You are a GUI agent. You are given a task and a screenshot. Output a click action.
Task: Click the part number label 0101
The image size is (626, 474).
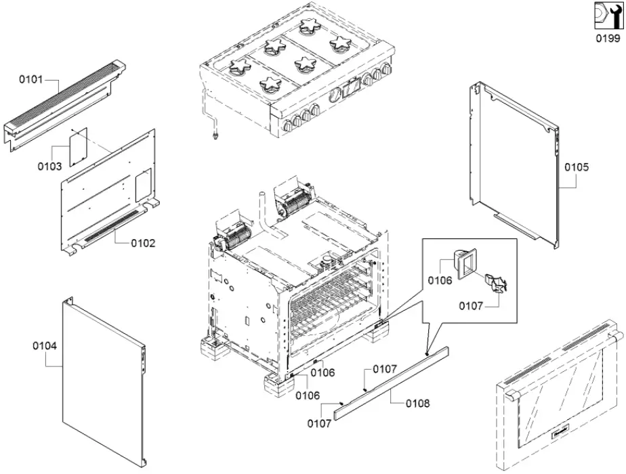30,79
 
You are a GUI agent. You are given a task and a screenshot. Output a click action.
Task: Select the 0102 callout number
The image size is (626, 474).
143,242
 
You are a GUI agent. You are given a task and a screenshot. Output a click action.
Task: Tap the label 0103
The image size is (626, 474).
49,166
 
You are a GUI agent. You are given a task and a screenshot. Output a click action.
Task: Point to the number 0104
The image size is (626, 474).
45,345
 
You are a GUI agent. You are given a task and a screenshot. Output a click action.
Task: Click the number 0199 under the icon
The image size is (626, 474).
607,39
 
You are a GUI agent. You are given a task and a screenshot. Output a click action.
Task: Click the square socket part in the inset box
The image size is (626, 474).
463,263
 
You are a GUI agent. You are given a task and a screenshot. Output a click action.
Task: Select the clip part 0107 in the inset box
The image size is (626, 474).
498,282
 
